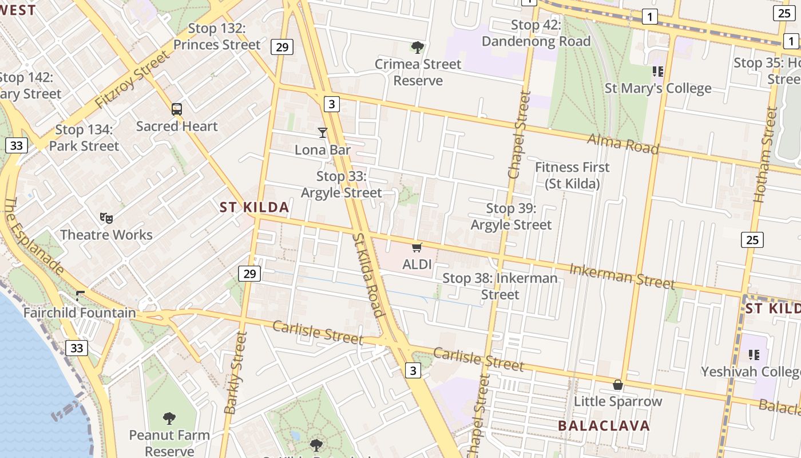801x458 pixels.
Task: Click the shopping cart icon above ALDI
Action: click(x=417, y=247)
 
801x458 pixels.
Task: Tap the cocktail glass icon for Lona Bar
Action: click(x=323, y=133)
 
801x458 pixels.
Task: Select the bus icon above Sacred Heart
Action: click(x=177, y=109)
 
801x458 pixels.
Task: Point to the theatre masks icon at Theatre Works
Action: click(x=106, y=218)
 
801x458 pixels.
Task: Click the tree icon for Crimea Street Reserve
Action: click(x=418, y=47)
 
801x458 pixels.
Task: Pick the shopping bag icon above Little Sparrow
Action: click(x=618, y=385)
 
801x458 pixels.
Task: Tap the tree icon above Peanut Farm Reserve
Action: click(x=169, y=418)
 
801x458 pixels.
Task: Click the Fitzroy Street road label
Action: click(x=132, y=80)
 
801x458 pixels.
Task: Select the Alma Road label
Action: click(x=623, y=143)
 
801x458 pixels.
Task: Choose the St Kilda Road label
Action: click(x=367, y=275)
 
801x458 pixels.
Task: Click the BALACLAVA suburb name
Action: click(x=604, y=426)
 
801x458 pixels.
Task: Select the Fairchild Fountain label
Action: click(x=80, y=313)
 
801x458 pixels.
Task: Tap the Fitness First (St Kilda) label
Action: click(x=572, y=175)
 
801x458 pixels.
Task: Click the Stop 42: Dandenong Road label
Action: click(x=536, y=33)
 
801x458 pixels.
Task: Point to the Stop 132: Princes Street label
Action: click(x=217, y=37)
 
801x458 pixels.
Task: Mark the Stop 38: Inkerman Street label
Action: click(x=500, y=286)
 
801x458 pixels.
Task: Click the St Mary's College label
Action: click(x=658, y=88)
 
